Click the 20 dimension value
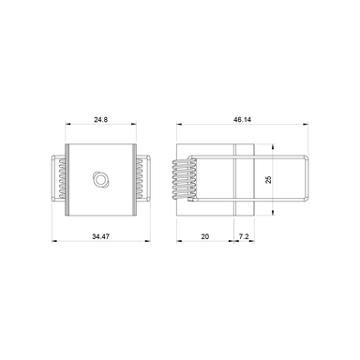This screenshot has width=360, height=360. coord(205,237)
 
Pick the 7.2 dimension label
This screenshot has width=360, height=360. coord(244,237)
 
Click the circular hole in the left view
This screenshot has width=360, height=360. coord(98,177)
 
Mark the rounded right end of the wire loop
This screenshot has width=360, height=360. coord(306,177)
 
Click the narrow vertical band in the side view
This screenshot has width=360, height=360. coord(241,177)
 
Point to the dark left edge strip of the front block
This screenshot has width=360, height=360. coord(68,177)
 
